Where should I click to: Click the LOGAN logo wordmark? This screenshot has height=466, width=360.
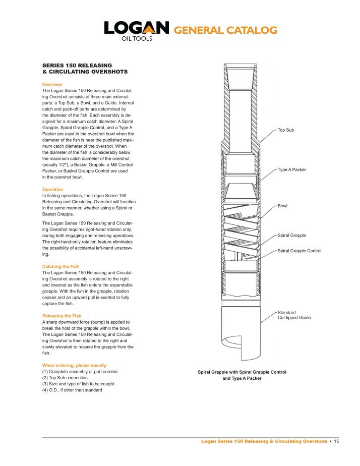click(136, 29)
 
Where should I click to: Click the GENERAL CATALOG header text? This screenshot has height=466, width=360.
click(225, 31)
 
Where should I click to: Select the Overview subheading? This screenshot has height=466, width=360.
click(52, 84)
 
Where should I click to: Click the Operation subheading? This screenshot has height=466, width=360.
click(53, 189)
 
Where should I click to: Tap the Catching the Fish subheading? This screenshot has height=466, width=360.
click(61, 266)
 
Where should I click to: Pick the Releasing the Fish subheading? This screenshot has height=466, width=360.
click(62, 316)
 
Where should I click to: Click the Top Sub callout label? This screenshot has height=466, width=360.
click(286, 130)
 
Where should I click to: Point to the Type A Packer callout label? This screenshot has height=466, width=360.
click(292, 170)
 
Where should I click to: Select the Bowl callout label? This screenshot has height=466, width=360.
click(283, 206)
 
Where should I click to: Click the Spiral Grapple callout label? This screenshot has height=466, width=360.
click(292, 236)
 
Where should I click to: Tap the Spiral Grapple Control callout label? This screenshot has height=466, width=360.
click(299, 251)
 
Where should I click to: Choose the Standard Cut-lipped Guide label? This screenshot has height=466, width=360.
click(294, 315)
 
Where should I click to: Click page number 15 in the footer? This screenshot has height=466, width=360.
click(336, 441)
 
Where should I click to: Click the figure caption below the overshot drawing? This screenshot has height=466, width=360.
click(242, 375)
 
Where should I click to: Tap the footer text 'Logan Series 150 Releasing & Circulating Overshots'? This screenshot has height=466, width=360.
click(264, 441)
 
